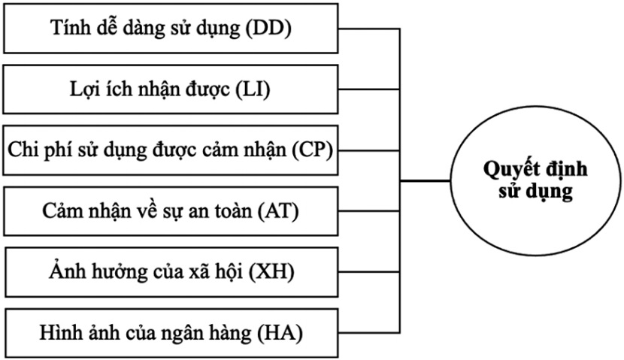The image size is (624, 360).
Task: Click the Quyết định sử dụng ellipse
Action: point(535,180)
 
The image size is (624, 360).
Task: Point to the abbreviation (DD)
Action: point(267,29)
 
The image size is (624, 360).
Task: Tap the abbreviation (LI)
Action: point(253,90)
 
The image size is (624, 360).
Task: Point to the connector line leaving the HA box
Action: point(368,331)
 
